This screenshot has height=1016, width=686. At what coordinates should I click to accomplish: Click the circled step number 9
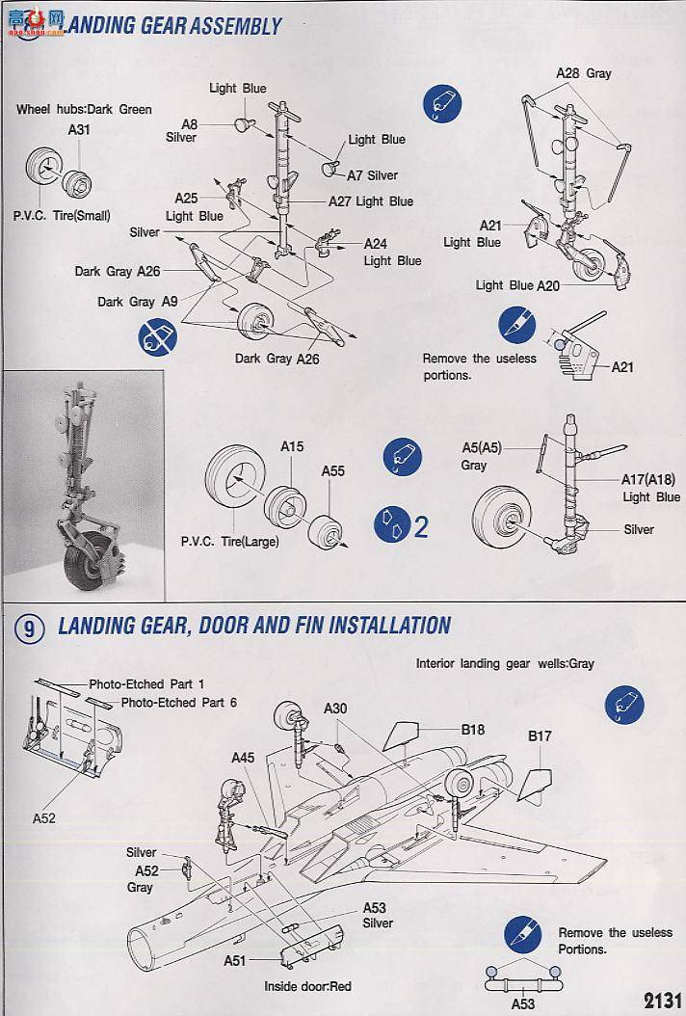[x=30, y=629]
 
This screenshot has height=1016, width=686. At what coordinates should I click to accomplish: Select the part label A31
[x=79, y=129]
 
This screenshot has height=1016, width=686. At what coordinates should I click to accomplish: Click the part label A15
[x=292, y=447]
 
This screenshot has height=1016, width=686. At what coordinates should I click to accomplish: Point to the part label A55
[x=332, y=471]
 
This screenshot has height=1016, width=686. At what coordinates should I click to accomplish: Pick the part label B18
[x=472, y=730]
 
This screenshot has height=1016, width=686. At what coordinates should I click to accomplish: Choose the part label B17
[x=539, y=736]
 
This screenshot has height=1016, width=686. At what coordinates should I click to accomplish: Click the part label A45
[x=243, y=758]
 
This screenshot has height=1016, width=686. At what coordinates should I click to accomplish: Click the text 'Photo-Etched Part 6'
[x=178, y=703]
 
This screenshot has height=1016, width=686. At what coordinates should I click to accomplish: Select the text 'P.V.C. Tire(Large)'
[x=229, y=542]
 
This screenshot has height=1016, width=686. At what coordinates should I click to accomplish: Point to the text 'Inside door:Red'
[x=308, y=986]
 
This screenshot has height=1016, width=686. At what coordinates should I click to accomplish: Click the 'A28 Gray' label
[x=583, y=73]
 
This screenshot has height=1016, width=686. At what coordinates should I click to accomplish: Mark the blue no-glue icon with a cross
[x=158, y=338]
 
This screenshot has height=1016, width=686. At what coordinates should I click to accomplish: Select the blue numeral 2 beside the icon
[x=420, y=526]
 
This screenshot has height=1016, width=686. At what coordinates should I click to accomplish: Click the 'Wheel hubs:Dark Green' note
[x=84, y=109]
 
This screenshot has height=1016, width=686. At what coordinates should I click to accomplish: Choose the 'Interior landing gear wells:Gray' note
[x=505, y=663]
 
